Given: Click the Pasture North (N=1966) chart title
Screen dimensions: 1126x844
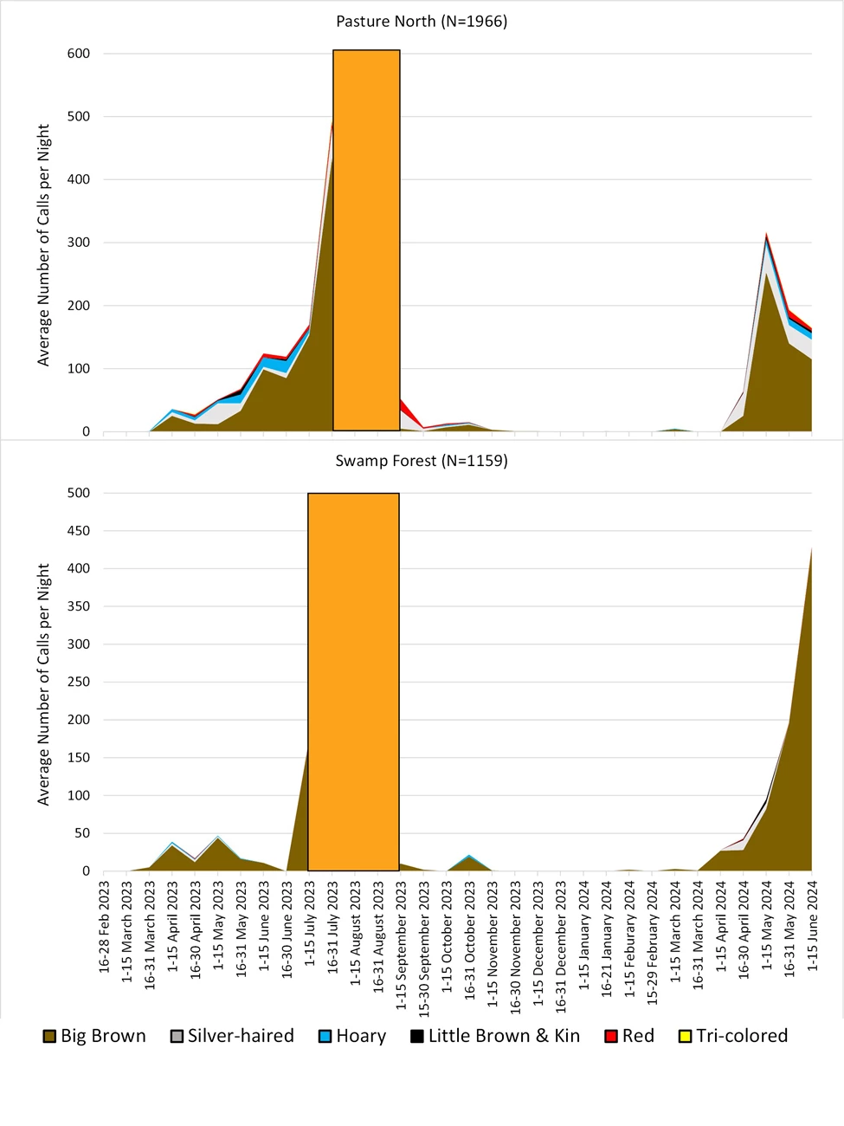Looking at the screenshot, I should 422,22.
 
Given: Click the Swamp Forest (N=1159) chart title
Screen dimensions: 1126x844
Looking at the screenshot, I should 422,461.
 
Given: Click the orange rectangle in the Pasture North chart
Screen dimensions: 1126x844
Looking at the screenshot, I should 366,241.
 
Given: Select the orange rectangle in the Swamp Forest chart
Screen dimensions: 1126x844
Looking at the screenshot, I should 353,682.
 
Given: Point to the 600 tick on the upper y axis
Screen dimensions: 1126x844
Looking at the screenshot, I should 79,54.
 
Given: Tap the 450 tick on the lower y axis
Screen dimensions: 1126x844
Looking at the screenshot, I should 79,531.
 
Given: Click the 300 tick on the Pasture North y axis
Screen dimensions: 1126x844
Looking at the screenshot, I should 79,243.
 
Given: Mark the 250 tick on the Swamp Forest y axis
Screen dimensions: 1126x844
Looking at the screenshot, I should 79,683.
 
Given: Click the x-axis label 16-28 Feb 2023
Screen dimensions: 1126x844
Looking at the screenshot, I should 105,927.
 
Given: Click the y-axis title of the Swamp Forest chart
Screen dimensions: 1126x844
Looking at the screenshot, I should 44,684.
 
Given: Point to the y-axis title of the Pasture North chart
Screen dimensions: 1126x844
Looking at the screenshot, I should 44,244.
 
